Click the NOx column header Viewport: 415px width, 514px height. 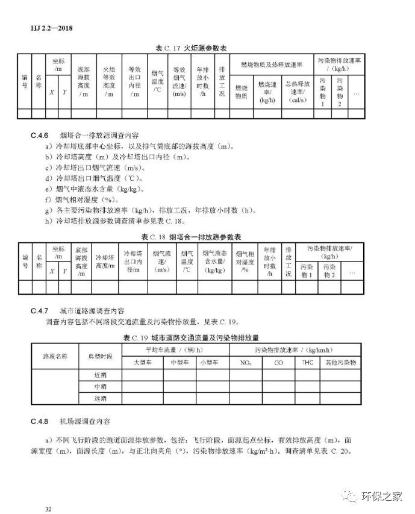[245, 363]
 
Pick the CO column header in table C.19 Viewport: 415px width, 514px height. [278, 363]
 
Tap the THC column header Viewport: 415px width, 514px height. [308, 363]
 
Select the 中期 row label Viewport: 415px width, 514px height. [100, 387]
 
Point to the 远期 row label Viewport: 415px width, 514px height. [100, 398]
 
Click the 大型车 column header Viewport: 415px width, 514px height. [142, 363]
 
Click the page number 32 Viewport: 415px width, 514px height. [48, 509]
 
